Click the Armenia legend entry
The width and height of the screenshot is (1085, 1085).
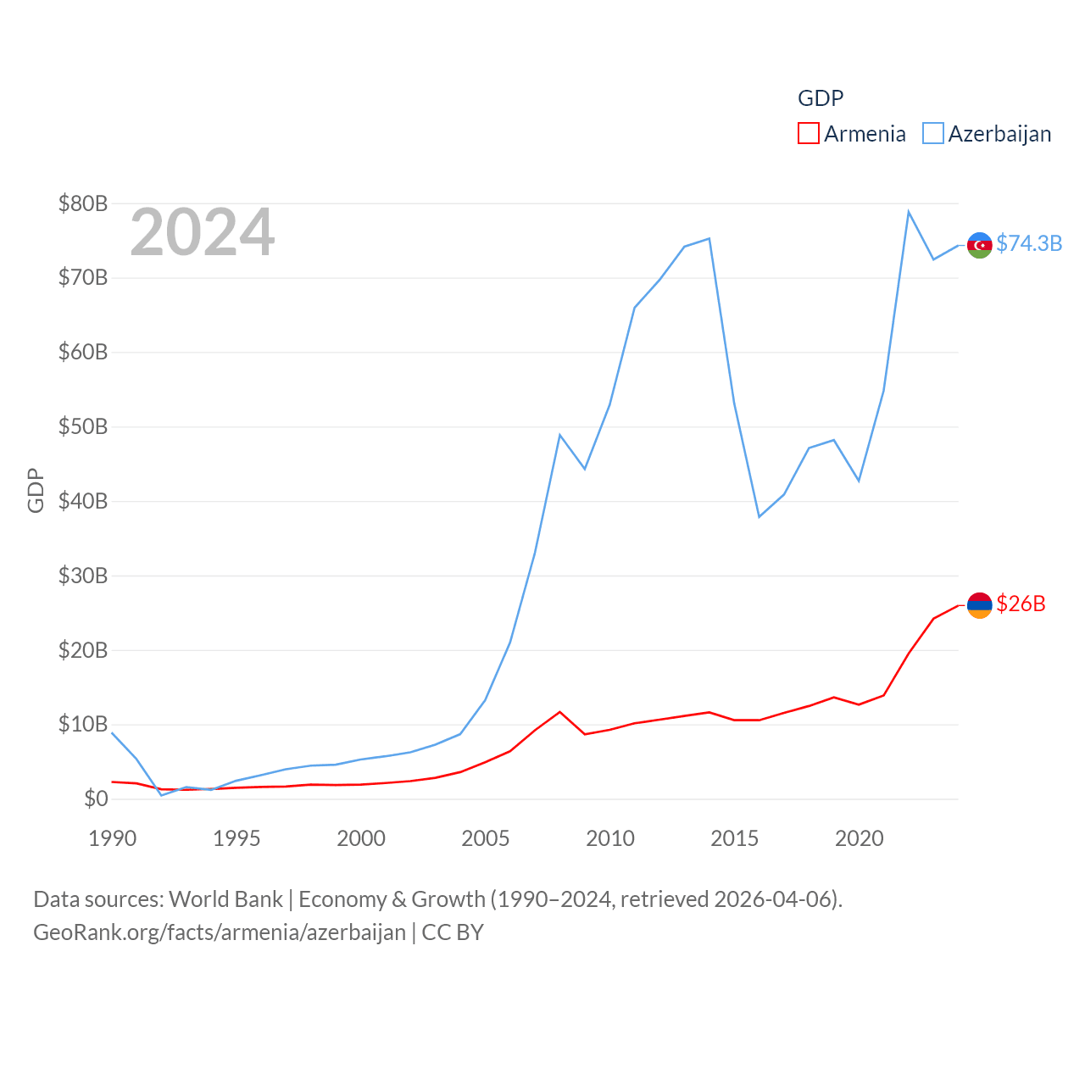[x=852, y=134]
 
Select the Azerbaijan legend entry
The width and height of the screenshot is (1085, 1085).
[x=988, y=134]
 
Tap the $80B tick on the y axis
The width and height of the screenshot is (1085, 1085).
[x=83, y=203]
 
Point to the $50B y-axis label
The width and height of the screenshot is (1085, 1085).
[x=83, y=426]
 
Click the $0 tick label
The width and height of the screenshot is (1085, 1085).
[x=96, y=798]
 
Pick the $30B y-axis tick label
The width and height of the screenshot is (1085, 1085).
[x=83, y=576]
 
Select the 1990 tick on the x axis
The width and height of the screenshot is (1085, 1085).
[x=112, y=838]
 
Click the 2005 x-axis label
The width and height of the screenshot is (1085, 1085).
[x=486, y=838]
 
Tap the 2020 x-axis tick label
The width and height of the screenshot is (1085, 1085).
[x=860, y=838]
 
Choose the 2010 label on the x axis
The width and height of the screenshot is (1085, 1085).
[x=610, y=838]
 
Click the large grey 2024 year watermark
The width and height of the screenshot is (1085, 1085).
[x=202, y=232]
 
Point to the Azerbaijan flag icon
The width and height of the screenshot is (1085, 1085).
[x=980, y=245]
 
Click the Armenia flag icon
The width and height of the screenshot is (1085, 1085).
[x=980, y=605]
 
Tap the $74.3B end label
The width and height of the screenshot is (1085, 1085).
[x=1029, y=243]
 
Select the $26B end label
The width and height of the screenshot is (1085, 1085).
[x=1021, y=604]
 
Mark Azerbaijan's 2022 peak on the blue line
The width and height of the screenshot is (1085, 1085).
[x=909, y=212]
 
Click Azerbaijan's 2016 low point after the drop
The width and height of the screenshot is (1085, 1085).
[x=759, y=517]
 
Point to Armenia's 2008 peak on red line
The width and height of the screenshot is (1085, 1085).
[x=559, y=712]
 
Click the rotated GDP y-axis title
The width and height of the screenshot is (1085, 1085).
[x=36, y=490]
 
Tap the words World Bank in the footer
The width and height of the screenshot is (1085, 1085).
[x=225, y=899]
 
